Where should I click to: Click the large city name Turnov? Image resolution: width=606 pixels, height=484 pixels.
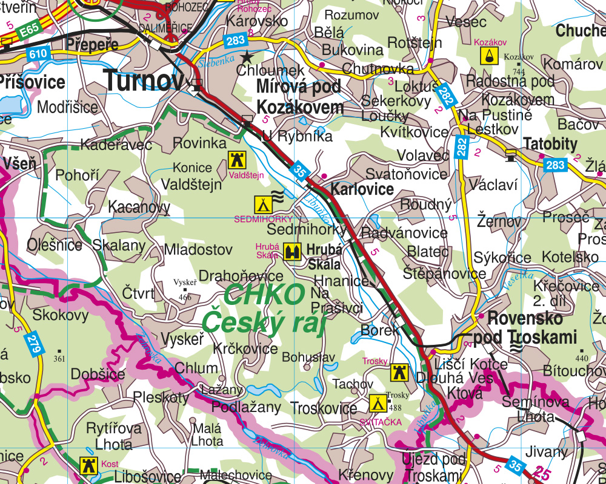tap(144, 80)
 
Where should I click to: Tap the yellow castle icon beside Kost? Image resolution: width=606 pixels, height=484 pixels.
tap(88, 465)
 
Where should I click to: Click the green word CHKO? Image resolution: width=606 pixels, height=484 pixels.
tap(264, 295)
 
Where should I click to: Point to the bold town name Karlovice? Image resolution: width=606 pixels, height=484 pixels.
tap(362, 189)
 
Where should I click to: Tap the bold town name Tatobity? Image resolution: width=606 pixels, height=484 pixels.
tap(550, 144)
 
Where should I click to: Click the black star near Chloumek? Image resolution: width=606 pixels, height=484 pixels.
tap(247, 57)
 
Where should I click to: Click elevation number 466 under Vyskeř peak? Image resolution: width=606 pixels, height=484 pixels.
tap(185, 297)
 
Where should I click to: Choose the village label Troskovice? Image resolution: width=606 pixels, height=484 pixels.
tap(324, 408)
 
